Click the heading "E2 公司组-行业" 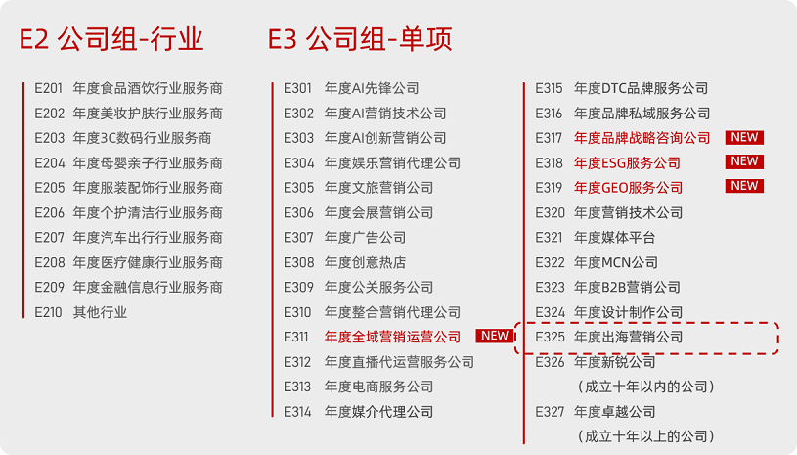pos(111,40)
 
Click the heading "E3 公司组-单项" pos(360,40)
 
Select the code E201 pos(49,88)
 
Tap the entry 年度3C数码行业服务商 pos(142,138)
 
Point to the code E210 pos(49,312)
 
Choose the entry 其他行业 pos(100,312)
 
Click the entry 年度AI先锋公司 pos(372,88)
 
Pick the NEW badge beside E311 pos(495,337)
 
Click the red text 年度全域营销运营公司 pos(392,337)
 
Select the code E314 pos(298,412)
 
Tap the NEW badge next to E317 pos(744,138)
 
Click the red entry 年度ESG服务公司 pos(627,162)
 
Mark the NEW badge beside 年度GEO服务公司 pos(744,187)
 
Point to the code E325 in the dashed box pos(550,337)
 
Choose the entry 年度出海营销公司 pos(628,337)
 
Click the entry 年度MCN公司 pos(616,262)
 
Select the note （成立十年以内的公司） pos(644,387)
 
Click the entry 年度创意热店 pos(365,262)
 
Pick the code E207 pos(49,238)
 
